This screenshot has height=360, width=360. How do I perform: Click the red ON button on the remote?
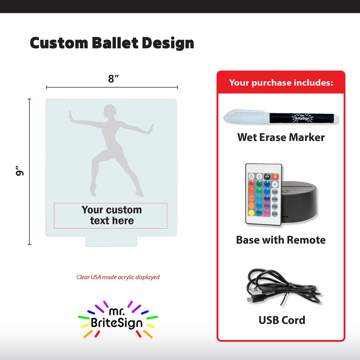click(x=275, y=177)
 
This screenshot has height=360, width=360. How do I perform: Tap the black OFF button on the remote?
click(x=267, y=177)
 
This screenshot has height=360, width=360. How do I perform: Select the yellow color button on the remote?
click(x=251, y=213)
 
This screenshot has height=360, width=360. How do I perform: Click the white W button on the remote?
click(x=275, y=184)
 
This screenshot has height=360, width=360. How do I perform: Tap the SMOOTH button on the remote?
click(x=275, y=214)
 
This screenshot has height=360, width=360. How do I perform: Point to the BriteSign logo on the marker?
click(x=302, y=118)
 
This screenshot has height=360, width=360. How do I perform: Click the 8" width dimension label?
click(x=113, y=79)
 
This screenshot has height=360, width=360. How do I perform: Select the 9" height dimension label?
click(x=20, y=171)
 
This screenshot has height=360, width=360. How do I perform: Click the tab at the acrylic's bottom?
click(x=111, y=241)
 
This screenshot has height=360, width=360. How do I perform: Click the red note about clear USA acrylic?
click(x=118, y=277)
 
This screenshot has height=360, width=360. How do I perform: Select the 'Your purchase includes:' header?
click(x=281, y=82)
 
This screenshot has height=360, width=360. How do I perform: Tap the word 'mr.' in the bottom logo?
click(x=117, y=311)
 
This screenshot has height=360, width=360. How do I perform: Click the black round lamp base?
click(x=300, y=202)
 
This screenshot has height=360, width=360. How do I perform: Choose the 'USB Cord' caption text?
click(x=282, y=320)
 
